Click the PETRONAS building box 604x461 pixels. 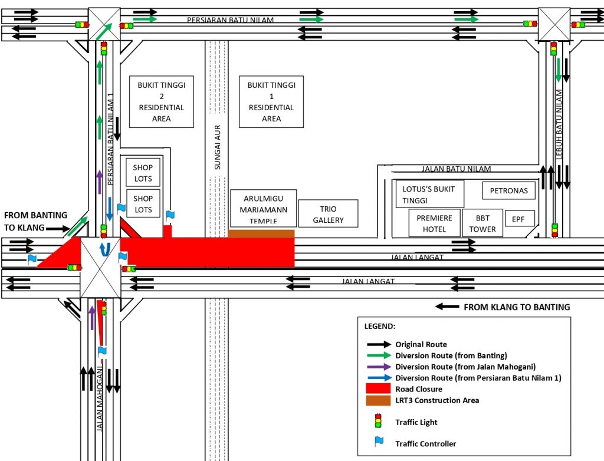point(508,190)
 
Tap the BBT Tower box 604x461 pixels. point(482,223)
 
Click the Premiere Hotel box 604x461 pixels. point(434,223)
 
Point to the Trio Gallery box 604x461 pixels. point(328,214)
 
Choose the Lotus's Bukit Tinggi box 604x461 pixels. point(429,194)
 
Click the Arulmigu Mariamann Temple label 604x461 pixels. point(262,208)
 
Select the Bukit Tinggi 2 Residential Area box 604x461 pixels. point(161,101)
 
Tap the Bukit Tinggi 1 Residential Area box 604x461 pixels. point(271,101)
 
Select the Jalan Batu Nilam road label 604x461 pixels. point(456,169)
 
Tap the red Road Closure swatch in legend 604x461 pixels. point(378,388)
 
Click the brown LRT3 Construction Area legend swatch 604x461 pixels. point(378,400)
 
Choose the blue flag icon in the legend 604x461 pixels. point(378,442)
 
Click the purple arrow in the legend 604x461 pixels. point(378,366)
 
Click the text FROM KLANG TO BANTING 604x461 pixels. point(517,307)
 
